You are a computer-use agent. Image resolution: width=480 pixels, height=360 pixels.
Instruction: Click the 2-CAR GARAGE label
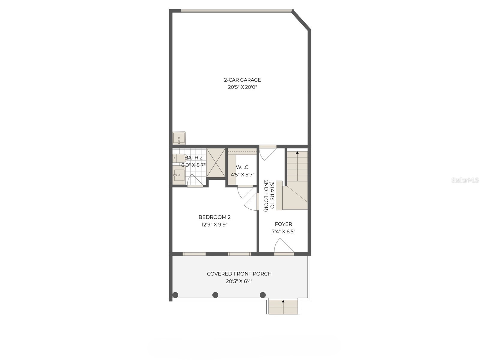click(x=242, y=80)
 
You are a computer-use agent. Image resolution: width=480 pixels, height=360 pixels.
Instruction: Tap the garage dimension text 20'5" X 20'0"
click(x=242, y=87)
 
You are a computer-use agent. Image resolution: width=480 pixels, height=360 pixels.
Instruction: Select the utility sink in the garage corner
click(x=179, y=139)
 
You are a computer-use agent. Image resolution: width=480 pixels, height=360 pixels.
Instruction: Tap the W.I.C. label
click(x=242, y=167)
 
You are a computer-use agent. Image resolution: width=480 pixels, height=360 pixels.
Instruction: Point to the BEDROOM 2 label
click(x=214, y=217)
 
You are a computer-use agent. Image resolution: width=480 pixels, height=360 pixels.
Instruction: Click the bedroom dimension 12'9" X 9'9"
click(x=214, y=225)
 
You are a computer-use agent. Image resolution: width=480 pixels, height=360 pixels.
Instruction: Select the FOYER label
click(x=283, y=224)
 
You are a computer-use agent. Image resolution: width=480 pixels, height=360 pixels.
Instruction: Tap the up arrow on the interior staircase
click(x=297, y=153)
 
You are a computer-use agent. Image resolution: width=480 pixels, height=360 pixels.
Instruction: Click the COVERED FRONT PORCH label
click(x=239, y=274)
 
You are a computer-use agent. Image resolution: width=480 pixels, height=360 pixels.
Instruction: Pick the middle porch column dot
click(x=215, y=295)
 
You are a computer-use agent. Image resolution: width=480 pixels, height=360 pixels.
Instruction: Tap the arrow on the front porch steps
click(x=283, y=301)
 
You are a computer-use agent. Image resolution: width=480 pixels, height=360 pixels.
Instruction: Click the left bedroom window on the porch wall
click(x=194, y=254)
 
